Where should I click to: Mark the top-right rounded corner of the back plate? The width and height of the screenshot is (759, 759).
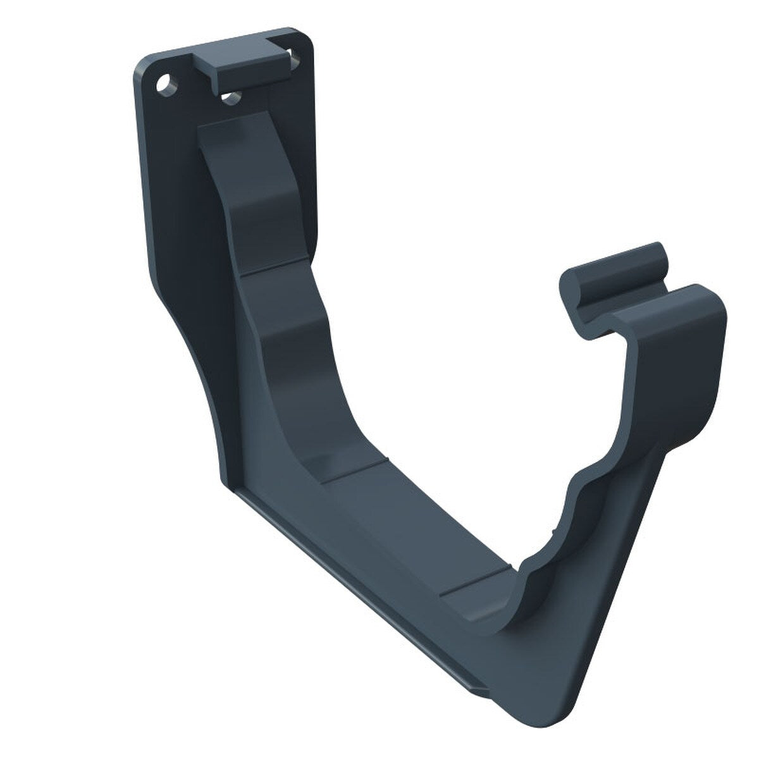pyautogui.click(x=308, y=36)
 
